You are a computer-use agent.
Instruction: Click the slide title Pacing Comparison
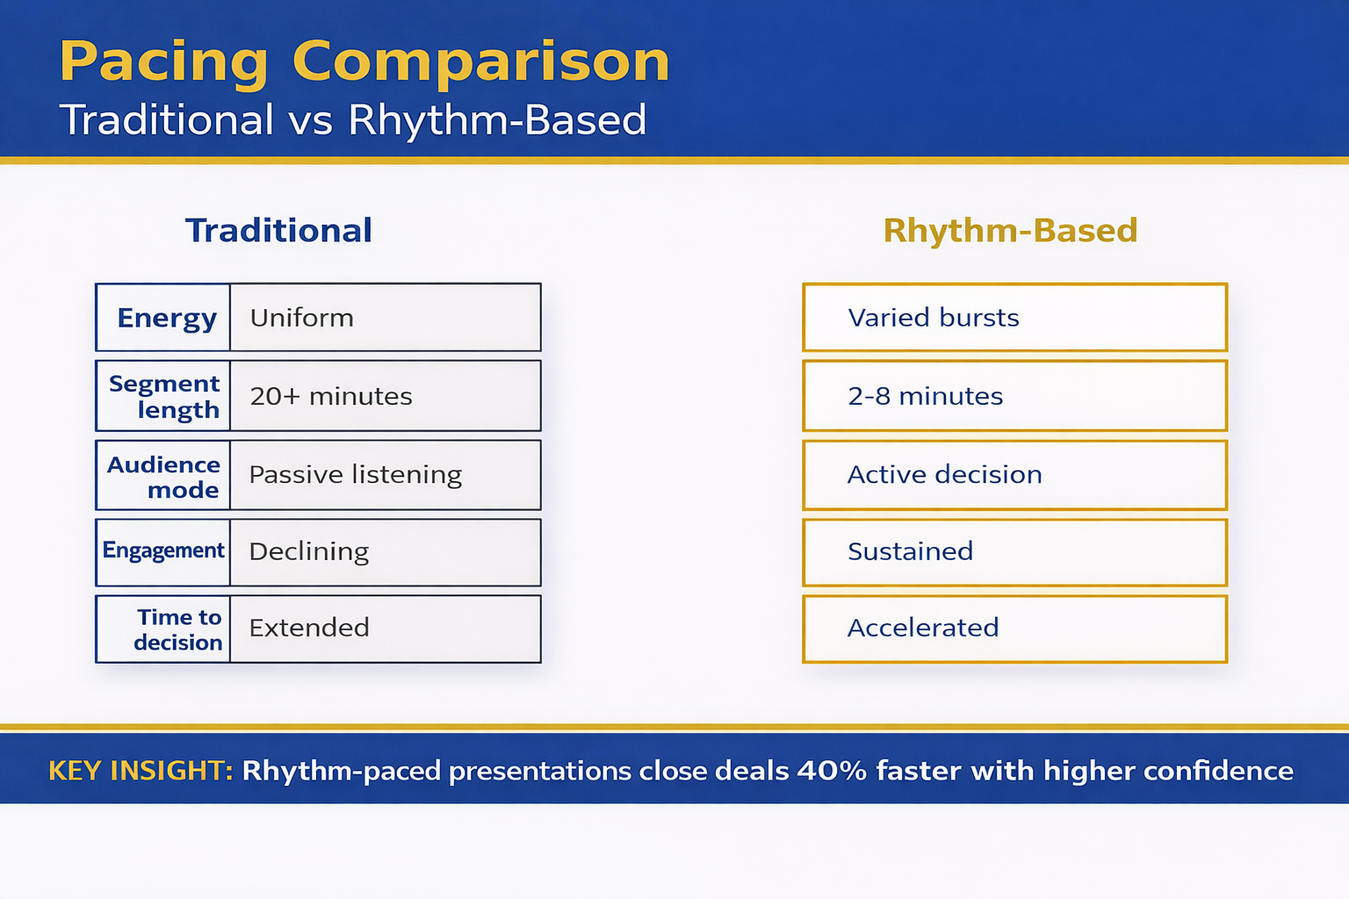[364, 61]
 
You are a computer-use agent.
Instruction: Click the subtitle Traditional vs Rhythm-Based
[352, 120]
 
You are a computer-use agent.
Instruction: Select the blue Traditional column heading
[278, 231]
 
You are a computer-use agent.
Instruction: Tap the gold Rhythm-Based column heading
[1010, 231]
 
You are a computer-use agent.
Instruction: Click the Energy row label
[165, 318]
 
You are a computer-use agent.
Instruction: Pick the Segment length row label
[164, 396]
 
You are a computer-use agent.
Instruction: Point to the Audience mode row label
[164, 476]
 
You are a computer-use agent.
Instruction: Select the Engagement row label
[163, 551]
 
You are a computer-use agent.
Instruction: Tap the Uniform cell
[385, 318]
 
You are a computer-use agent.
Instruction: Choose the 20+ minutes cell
[385, 396]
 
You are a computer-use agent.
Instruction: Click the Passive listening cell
[385, 475]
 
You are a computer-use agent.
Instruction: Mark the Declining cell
[385, 552]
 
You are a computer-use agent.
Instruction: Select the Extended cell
[385, 629]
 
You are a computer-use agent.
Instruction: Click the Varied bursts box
[1014, 318]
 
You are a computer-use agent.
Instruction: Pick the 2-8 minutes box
[1014, 396]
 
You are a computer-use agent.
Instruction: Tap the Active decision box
[1014, 475]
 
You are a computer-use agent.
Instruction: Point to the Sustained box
[1014, 552]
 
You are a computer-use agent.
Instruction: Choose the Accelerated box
[1014, 629]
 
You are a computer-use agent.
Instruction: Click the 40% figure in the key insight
[832, 771]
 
